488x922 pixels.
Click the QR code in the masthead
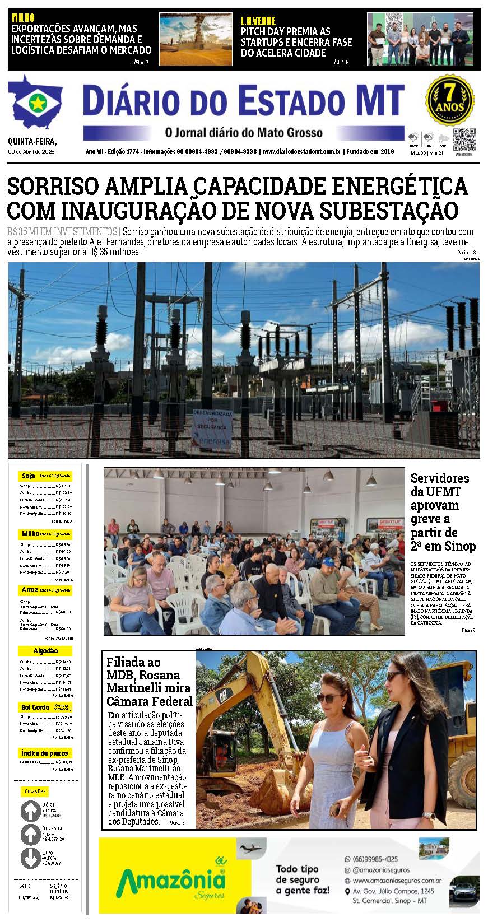click(464, 140)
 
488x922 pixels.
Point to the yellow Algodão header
click(45, 651)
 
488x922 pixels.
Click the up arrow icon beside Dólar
click(30, 811)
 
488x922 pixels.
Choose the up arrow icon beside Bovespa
click(30, 835)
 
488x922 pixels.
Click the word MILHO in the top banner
click(23, 18)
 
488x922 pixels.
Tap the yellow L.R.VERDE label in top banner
click(258, 21)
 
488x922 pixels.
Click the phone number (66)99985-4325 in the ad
click(375, 859)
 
